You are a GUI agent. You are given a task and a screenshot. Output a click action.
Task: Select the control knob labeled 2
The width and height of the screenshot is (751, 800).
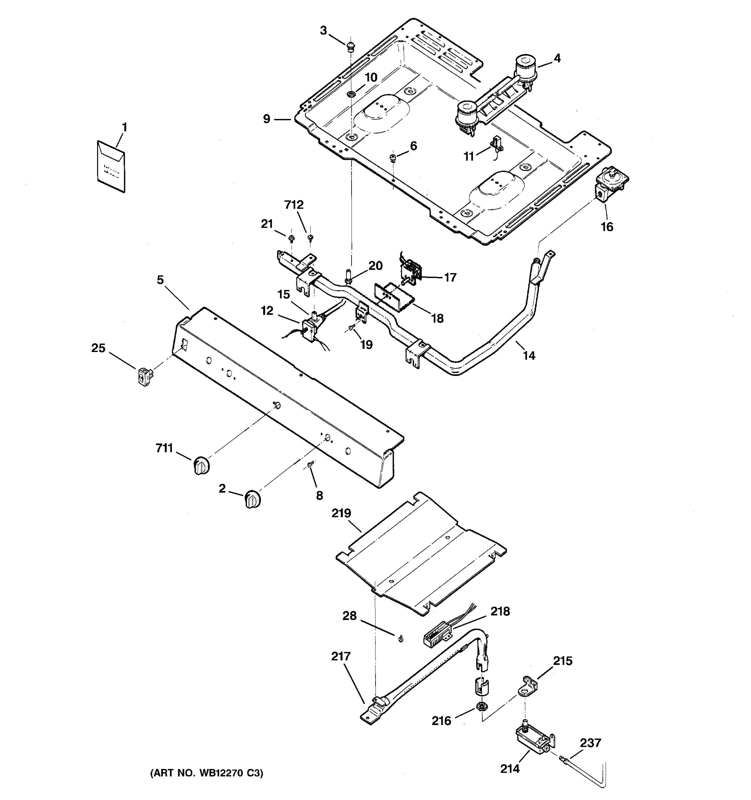(253, 500)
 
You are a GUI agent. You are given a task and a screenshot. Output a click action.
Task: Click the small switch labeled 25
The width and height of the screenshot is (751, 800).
(144, 377)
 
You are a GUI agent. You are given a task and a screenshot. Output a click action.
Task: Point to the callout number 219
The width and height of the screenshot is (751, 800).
(341, 513)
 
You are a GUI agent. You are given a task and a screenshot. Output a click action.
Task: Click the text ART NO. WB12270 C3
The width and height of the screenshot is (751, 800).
(206, 773)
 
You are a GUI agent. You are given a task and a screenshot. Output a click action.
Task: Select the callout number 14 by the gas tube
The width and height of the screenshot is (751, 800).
(529, 355)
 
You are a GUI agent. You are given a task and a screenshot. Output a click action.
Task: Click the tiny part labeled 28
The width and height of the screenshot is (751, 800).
(401, 639)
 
